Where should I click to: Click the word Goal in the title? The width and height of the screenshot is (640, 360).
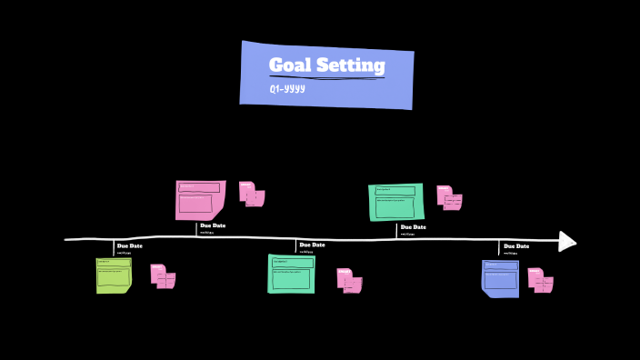tap(288, 65)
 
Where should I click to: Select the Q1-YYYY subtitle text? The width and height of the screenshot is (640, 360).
tap(286, 89)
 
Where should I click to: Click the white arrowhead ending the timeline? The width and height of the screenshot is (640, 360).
tap(566, 241)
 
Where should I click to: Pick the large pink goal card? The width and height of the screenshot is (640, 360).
tap(200, 199)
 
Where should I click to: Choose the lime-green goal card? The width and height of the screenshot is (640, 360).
tap(114, 275)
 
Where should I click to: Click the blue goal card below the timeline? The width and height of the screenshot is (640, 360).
tap(500, 278)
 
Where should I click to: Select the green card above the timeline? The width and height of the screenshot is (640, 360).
tap(396, 201)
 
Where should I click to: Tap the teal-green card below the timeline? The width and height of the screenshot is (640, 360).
tap(291, 274)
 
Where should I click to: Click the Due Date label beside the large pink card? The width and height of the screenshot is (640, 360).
tap(213, 225)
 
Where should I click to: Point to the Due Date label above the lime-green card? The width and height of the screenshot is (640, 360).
tap(130, 245)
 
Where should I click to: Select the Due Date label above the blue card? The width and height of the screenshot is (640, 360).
tap(516, 245)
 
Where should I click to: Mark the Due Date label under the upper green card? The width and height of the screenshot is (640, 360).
tap(413, 226)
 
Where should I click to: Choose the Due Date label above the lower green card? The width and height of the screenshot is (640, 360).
tap(312, 245)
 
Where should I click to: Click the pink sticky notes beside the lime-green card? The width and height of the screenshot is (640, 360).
tap(163, 275)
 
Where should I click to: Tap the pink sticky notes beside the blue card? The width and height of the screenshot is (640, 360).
tap(540, 279)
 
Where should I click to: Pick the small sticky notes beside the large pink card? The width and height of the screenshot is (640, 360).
tap(251, 194)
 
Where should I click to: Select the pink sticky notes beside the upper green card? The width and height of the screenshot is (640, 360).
tap(448, 197)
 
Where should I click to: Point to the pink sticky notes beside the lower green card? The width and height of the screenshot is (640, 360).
tap(349, 280)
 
